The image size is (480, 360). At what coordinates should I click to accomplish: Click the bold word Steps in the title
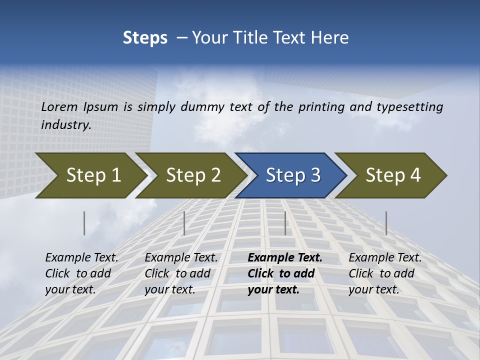click(145, 38)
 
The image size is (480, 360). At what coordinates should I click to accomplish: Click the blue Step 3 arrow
click(293, 175)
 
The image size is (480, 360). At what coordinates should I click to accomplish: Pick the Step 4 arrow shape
click(393, 175)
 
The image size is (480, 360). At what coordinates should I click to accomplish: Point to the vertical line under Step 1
click(84, 223)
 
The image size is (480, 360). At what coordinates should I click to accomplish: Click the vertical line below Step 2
click(184, 223)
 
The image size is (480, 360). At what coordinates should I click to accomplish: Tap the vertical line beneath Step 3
click(285, 223)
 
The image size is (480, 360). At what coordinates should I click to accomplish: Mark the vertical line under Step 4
click(386, 223)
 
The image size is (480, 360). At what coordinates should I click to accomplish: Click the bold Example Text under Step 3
click(285, 273)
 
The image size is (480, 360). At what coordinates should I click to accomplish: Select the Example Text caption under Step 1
click(81, 273)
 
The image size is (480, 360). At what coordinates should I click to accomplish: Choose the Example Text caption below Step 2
click(181, 273)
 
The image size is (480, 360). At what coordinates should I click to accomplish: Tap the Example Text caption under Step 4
click(385, 273)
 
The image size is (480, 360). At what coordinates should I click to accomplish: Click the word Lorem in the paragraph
click(59, 106)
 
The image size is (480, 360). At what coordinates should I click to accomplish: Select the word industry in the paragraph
click(65, 125)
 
